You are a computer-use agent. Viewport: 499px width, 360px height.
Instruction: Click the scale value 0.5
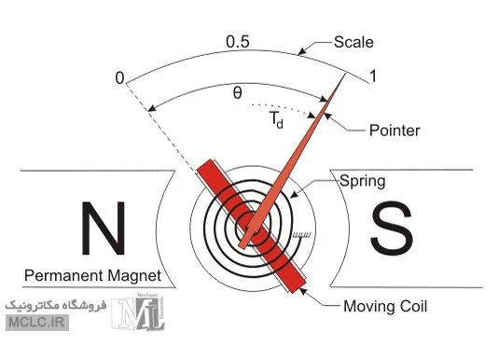coord(238,42)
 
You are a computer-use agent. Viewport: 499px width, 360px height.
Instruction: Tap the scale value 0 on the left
coord(119,78)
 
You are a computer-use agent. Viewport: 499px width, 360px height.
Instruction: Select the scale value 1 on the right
coord(373,76)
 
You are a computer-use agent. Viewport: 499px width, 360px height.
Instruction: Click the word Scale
coord(353,42)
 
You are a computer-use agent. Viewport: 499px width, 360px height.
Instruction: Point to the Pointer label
coord(395,131)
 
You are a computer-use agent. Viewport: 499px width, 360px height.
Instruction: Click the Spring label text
coord(363,182)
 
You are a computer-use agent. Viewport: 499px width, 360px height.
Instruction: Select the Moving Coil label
coord(385,306)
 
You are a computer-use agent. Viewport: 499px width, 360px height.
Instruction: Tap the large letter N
coord(104,228)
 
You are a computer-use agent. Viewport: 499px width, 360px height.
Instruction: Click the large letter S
coord(392,228)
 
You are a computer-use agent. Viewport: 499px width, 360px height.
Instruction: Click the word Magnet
coord(135,276)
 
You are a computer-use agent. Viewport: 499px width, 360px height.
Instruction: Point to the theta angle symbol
coord(238,93)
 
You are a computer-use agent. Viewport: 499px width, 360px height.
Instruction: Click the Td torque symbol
coord(276,119)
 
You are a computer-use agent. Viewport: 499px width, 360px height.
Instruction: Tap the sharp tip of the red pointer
coord(346,74)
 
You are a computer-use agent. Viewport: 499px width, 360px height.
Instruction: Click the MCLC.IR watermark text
coord(37,323)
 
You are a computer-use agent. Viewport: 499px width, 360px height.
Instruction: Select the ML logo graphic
coord(138,312)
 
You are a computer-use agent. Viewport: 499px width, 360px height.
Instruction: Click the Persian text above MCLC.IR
coord(55,305)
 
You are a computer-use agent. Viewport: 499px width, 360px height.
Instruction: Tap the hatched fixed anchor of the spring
coord(300,235)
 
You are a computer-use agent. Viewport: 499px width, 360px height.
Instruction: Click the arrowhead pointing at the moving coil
coord(304,291)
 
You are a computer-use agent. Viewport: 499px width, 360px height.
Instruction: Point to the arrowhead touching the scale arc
coord(302,51)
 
